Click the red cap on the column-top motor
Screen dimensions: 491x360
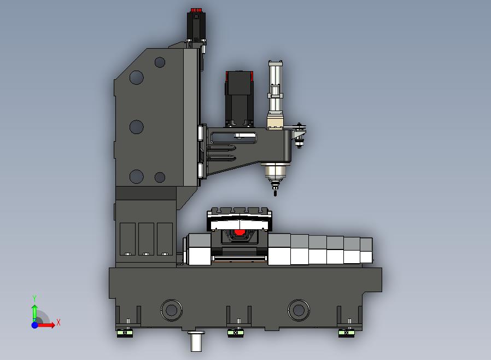[x=196, y=10]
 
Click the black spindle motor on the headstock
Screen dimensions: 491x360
[x=239, y=98]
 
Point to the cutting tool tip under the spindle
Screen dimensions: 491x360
[x=275, y=194]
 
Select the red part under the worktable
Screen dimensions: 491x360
[x=239, y=232]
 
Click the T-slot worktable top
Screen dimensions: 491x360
[x=239, y=212]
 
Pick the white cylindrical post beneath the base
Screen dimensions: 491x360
[x=196, y=341]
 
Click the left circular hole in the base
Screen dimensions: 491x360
[x=171, y=310]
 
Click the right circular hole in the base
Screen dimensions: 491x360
[x=299, y=310]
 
